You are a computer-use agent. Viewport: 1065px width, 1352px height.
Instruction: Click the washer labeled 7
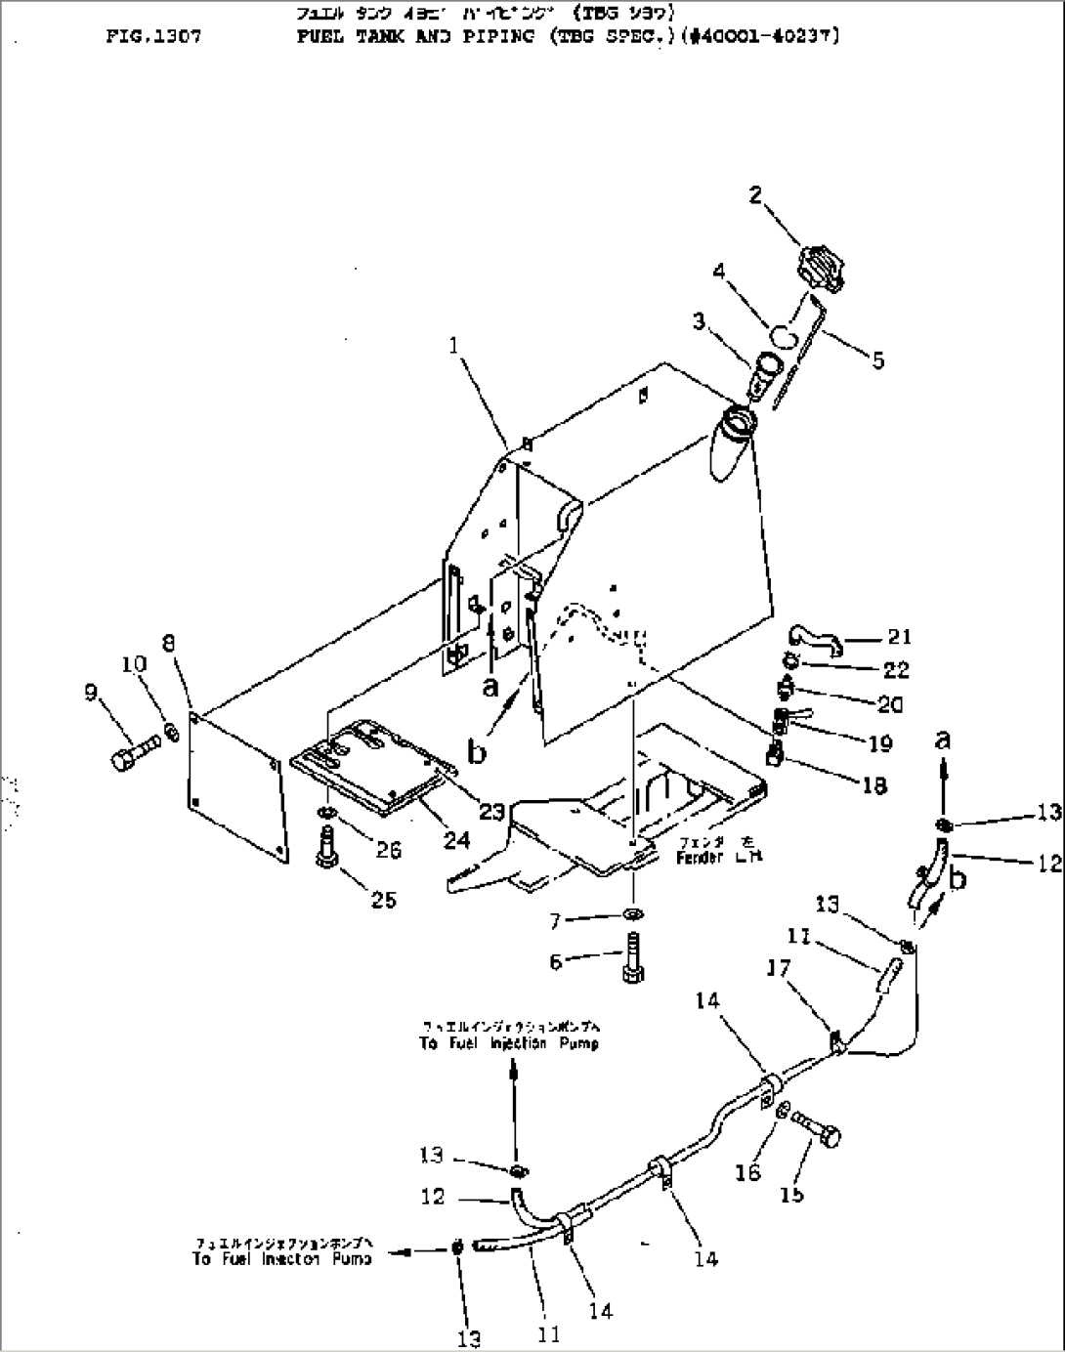[632, 914]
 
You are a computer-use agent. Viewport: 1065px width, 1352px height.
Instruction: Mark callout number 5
[877, 360]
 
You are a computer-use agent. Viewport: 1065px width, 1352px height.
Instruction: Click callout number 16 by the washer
[747, 1171]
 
